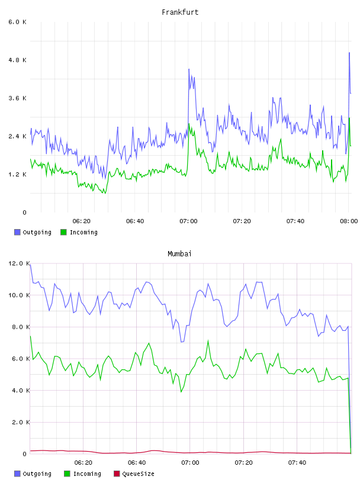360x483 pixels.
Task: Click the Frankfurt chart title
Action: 180,12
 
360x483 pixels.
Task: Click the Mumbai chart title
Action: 179,253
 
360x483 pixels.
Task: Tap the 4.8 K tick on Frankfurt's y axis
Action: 17,60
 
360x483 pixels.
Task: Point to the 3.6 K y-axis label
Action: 17,98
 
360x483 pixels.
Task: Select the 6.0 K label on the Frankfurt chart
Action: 17,22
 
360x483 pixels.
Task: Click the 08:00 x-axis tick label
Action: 349,221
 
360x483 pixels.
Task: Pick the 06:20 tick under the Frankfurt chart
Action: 81,221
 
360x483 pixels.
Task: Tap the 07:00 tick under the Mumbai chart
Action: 190,462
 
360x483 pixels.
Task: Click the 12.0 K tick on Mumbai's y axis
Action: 19,263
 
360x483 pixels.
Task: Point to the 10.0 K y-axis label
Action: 19,295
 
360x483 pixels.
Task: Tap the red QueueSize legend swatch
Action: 117,474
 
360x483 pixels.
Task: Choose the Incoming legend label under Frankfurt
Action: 83,232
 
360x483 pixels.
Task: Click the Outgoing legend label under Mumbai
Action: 37,474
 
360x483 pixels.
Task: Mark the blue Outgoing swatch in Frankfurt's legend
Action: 17,232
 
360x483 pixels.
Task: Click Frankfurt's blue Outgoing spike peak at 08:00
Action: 349,53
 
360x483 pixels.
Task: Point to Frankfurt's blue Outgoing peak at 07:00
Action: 189,69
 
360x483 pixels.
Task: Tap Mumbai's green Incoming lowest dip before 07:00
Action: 181,392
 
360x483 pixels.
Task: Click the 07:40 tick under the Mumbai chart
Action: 297,462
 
